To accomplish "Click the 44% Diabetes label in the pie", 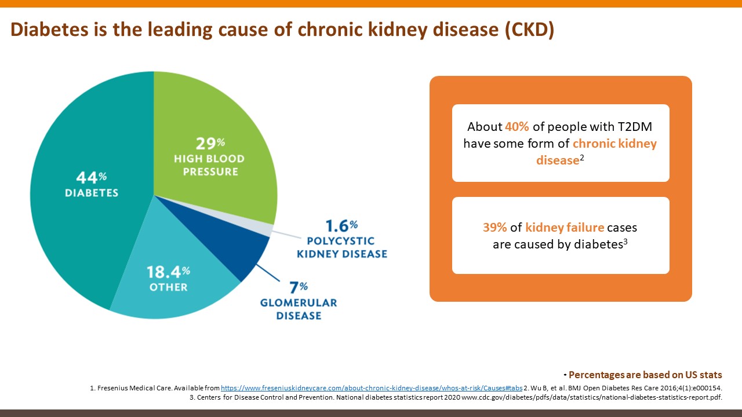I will [x=91, y=185].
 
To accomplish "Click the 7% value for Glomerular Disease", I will [x=299, y=287].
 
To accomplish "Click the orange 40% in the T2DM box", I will [x=517, y=127].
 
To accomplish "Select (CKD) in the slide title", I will [x=529, y=30].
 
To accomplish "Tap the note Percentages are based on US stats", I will [x=645, y=375].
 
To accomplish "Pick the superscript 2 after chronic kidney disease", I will [x=582, y=156].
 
